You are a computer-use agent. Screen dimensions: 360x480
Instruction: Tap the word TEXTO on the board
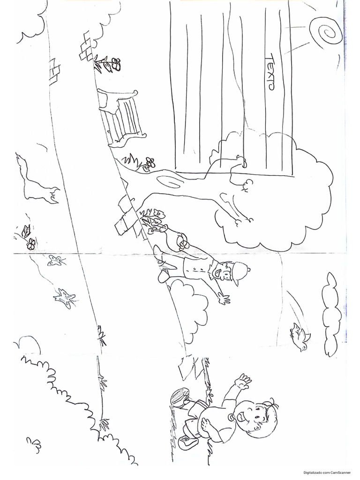pos(270,72)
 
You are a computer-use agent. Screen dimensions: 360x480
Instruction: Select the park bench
pos(122,117)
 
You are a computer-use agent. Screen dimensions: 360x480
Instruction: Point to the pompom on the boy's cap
pos(248,270)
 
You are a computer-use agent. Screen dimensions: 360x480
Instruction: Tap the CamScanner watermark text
pos(327,472)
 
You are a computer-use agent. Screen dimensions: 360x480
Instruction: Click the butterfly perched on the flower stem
pos(26,230)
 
